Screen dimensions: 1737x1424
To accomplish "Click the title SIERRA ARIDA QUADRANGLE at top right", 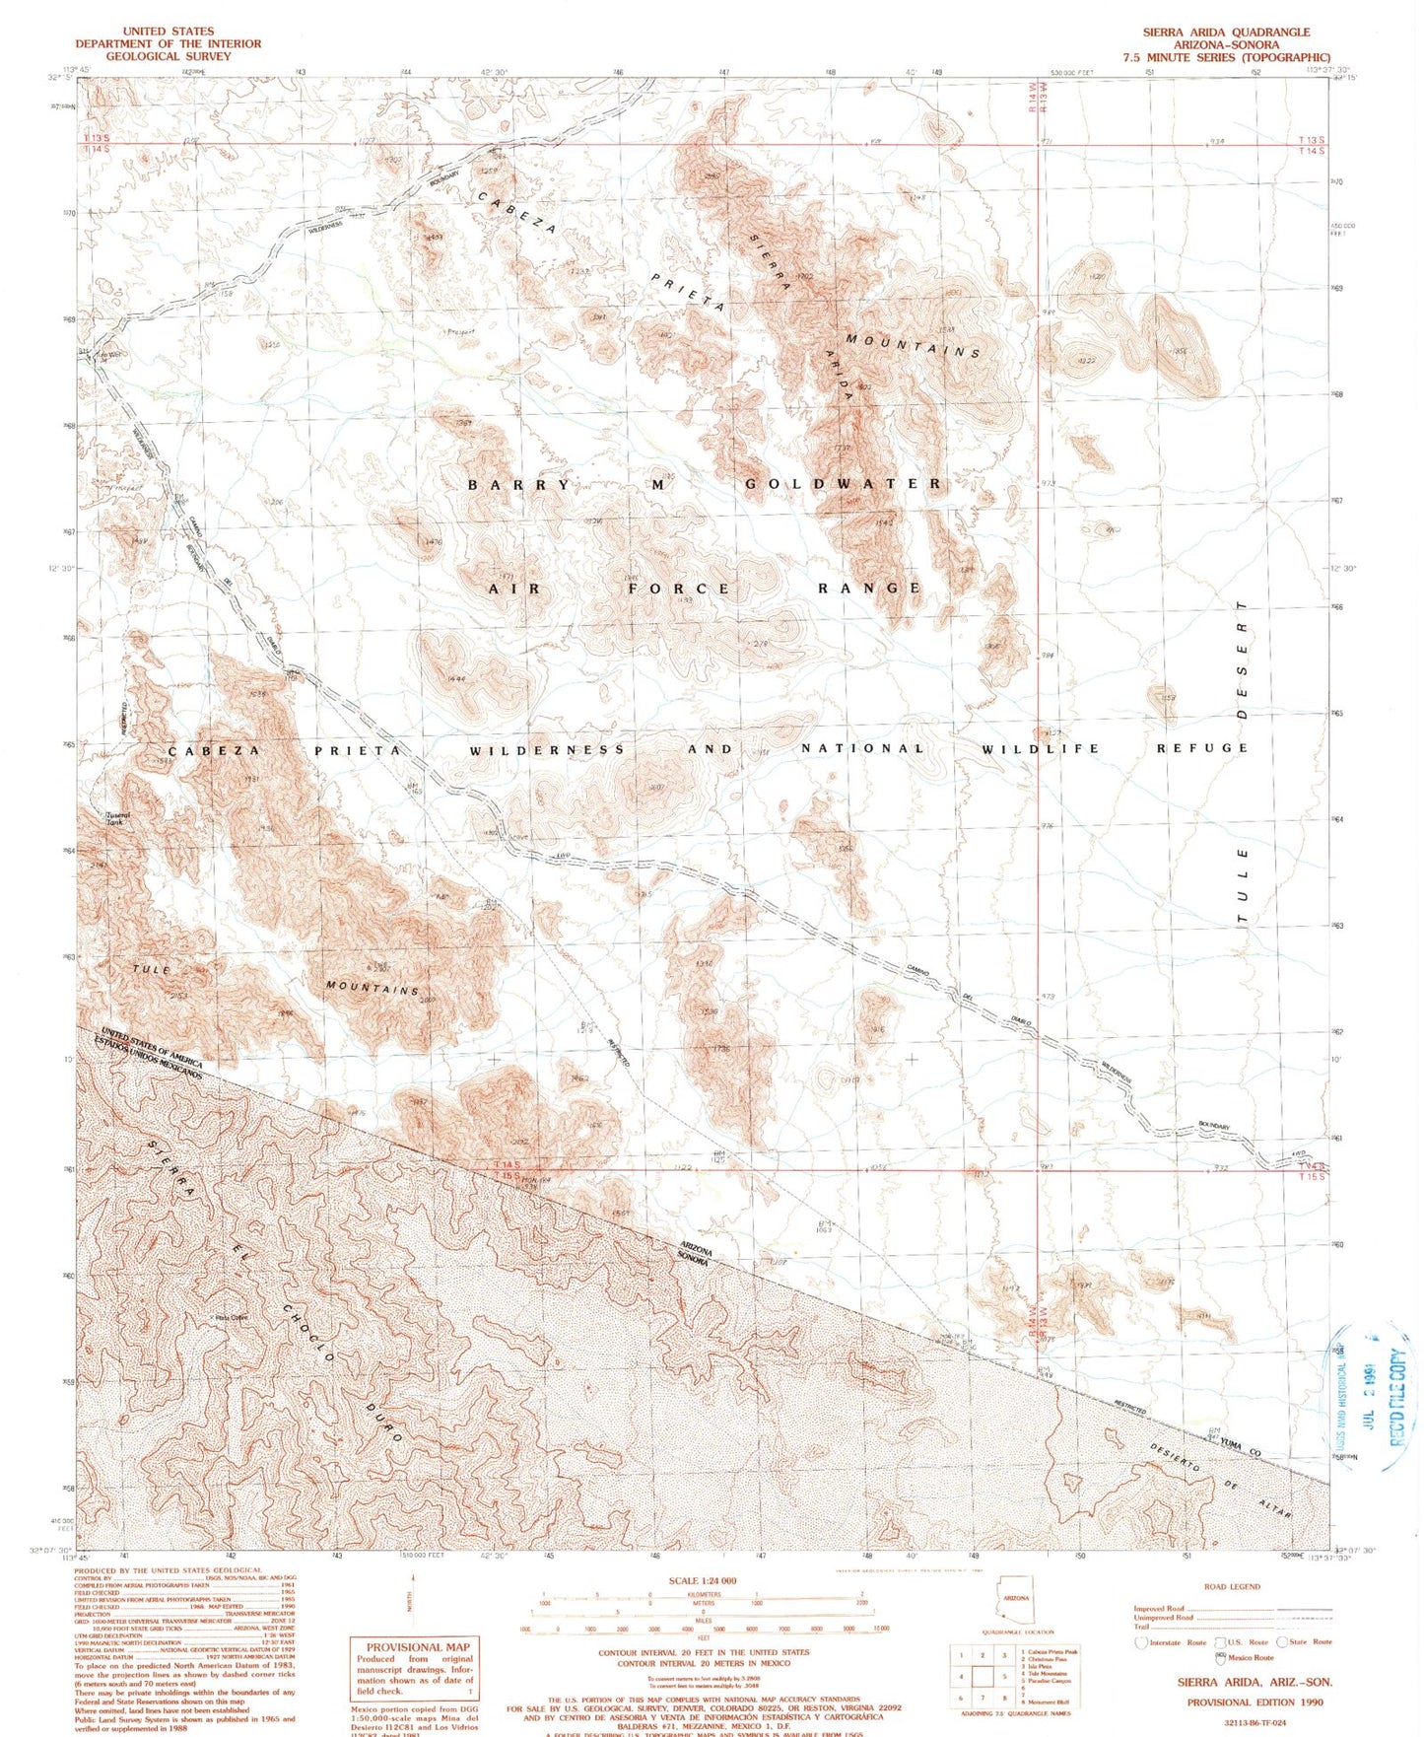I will pyautogui.click(x=1226, y=33).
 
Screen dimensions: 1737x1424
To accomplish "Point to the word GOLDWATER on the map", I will pyautogui.click(x=844, y=484).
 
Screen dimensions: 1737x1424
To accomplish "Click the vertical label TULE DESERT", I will pyautogui.click(x=1243, y=759).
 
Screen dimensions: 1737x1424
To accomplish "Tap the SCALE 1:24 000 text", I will pyautogui.click(x=703, y=1580).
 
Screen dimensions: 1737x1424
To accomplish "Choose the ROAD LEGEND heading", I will pyautogui.click(x=1232, y=1586).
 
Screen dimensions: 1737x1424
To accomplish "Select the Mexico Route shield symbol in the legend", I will pyautogui.click(x=1221, y=1657).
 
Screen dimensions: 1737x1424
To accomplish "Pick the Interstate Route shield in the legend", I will pyautogui.click(x=1141, y=1642).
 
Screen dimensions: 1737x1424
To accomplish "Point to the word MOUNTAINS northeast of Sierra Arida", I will pyautogui.click(x=914, y=345).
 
